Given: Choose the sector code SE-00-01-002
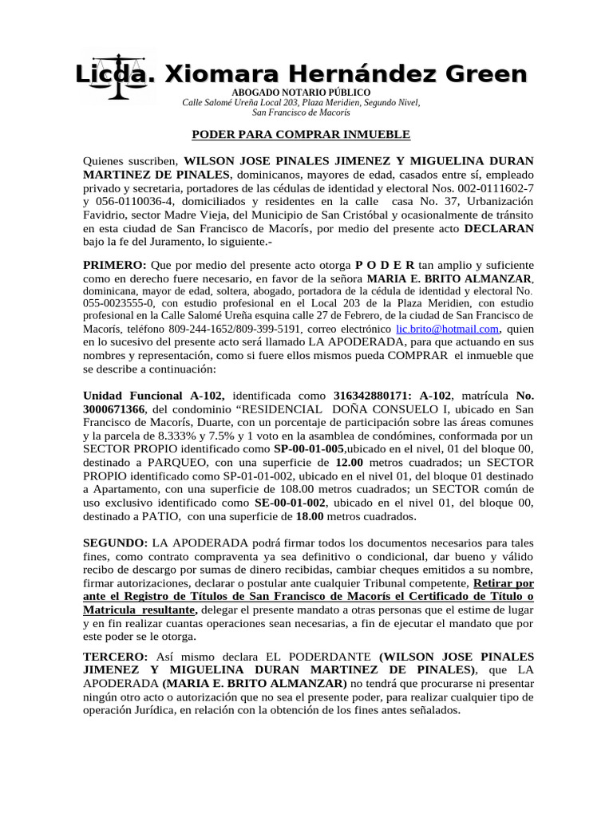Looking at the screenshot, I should click(x=291, y=503).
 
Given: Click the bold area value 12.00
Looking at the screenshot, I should click(x=351, y=463).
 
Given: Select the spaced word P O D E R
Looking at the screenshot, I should click(x=385, y=264).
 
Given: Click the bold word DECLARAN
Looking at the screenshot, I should click(x=499, y=227).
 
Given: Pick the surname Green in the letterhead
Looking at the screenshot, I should click(x=485, y=74).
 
